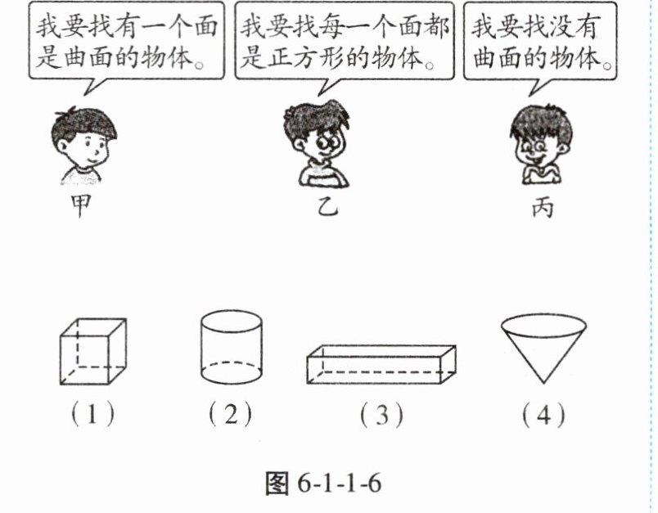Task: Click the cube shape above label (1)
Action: pyautogui.click(x=93, y=351)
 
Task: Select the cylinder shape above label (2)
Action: pyautogui.click(x=231, y=347)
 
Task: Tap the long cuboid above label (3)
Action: pyautogui.click(x=381, y=364)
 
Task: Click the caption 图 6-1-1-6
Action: pyautogui.click(x=323, y=484)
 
